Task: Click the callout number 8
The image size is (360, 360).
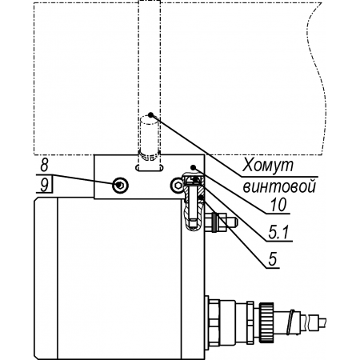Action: tap(44, 165)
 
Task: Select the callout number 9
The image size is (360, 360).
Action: tap(44, 185)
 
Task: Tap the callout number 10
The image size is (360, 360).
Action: tap(278, 205)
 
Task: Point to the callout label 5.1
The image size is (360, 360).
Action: tap(278, 233)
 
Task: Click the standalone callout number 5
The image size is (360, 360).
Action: tap(273, 258)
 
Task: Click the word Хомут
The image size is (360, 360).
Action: tap(267, 166)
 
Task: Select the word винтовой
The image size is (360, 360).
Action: tap(279, 186)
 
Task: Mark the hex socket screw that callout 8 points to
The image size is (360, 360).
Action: tap(120, 185)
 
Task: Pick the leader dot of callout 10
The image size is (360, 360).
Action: tap(194, 167)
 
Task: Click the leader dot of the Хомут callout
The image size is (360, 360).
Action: tap(150, 115)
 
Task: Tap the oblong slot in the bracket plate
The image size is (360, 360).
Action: tap(150, 168)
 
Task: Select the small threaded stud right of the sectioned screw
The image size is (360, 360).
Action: tap(221, 222)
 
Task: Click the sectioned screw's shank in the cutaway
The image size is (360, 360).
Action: tap(193, 206)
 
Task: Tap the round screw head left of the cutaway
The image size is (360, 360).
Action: tap(178, 185)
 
